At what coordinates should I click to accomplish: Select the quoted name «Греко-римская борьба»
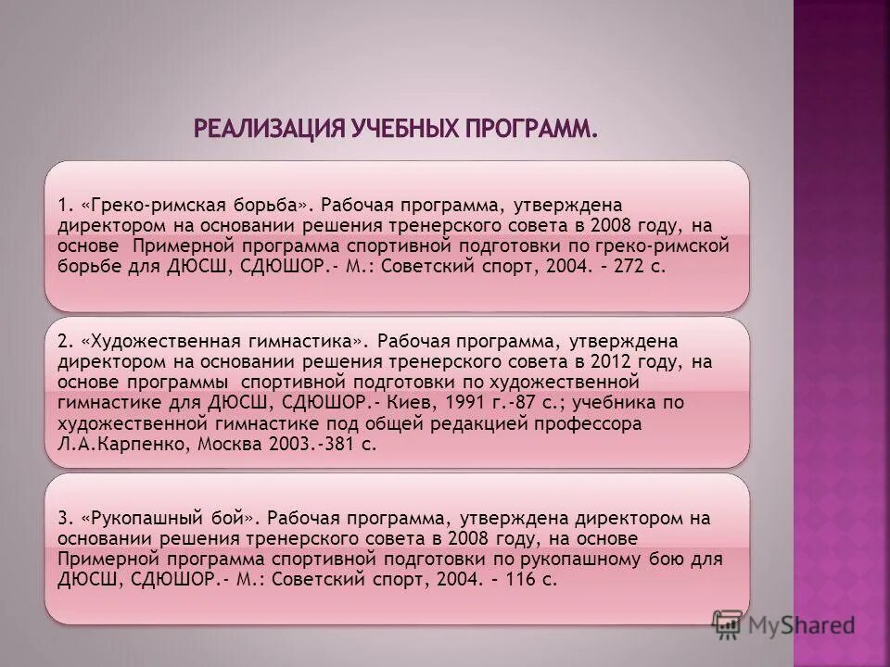coord(194,204)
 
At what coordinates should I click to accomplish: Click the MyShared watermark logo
coord(783,625)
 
